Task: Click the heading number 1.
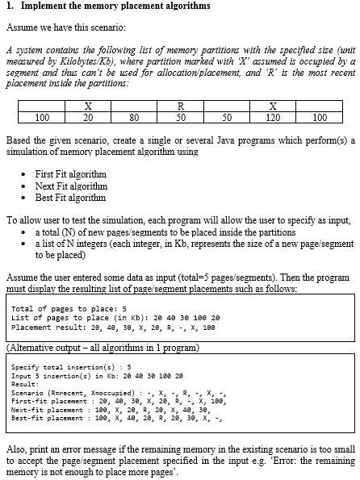tap(8, 6)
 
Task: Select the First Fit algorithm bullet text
tap(71, 174)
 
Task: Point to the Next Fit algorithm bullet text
tap(71, 186)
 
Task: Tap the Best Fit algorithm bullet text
tap(70, 197)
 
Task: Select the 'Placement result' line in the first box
tap(113, 328)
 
